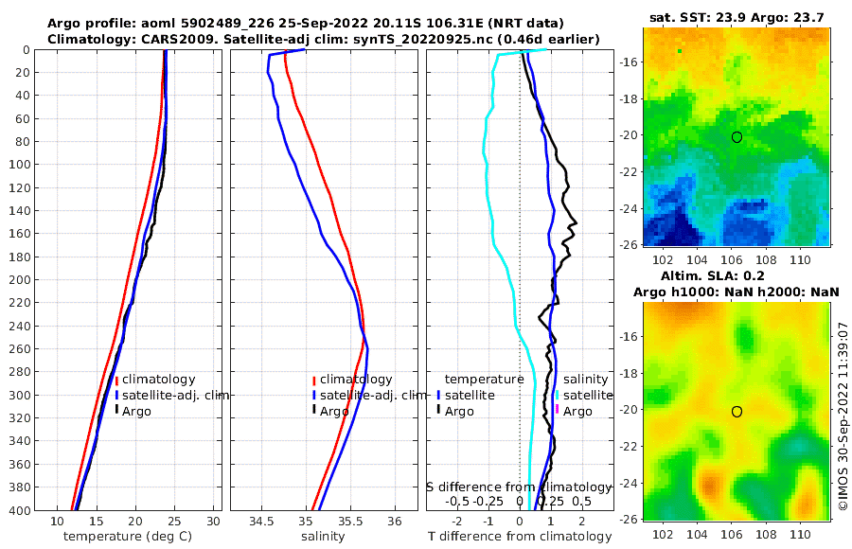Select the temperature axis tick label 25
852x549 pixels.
pyautogui.click(x=174, y=522)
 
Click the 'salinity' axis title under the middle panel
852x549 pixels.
pyautogui.click(x=322, y=537)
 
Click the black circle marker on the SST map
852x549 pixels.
pyautogui.click(x=737, y=137)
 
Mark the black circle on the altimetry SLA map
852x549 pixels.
pyautogui.click(x=737, y=411)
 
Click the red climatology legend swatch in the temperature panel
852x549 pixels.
pyautogui.click(x=116, y=380)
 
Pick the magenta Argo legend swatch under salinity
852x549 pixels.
pyautogui.click(x=558, y=411)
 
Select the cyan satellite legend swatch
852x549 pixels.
pyautogui.click(x=558, y=395)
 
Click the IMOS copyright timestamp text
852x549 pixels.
pyautogui.click(x=843, y=416)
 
